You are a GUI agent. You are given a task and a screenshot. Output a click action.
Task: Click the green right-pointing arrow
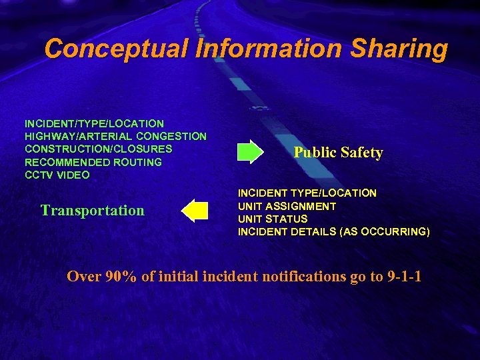251,152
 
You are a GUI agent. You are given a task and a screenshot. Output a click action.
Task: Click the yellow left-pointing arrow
195,210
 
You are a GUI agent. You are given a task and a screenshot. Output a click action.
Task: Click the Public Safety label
338,153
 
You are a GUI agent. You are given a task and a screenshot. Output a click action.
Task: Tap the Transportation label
92,211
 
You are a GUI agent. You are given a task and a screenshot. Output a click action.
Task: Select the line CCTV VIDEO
57,175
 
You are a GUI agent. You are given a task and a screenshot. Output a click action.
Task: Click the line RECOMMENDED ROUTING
93,162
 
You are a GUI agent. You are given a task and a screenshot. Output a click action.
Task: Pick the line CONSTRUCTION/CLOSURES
98,149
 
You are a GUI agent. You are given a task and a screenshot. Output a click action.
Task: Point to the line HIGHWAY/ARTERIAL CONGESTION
115,136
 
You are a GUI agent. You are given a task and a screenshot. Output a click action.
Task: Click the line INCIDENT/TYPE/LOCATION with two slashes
94,123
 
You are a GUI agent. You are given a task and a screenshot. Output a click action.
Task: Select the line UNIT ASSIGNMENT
287,206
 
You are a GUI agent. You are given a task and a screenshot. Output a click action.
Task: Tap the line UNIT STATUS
273,219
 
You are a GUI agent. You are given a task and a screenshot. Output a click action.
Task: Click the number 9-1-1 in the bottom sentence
403,277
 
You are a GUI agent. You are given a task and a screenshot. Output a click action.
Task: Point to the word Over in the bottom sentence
83,277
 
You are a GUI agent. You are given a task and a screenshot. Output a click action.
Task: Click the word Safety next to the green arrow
361,153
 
